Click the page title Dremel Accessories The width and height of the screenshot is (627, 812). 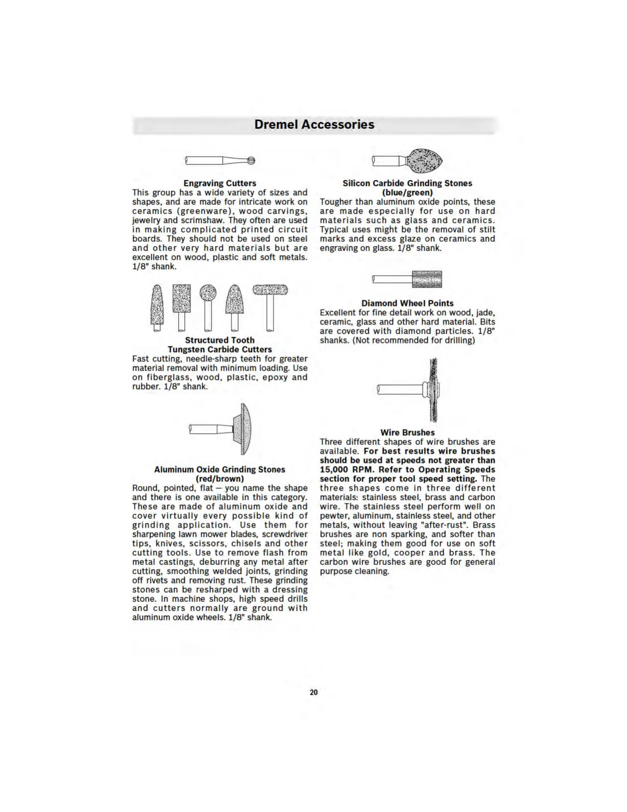click(x=314, y=125)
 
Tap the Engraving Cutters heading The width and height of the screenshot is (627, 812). click(x=220, y=183)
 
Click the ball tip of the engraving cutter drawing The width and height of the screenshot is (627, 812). click(x=251, y=160)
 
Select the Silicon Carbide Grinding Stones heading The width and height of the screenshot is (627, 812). click(x=407, y=183)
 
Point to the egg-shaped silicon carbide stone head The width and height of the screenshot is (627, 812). click(x=424, y=160)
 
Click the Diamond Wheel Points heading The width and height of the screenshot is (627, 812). click(x=407, y=303)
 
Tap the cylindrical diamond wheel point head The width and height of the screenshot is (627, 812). click(x=427, y=279)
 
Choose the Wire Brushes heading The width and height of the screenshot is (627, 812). click(x=407, y=432)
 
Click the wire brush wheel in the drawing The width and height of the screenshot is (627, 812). click(x=433, y=390)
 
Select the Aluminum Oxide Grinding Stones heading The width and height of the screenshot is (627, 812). click(x=220, y=469)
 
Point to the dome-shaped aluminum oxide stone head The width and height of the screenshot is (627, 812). click(x=243, y=429)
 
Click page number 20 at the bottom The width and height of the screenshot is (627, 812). click(x=313, y=692)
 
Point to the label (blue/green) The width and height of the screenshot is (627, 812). click(x=407, y=192)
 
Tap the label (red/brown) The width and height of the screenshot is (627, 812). click(x=220, y=478)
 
